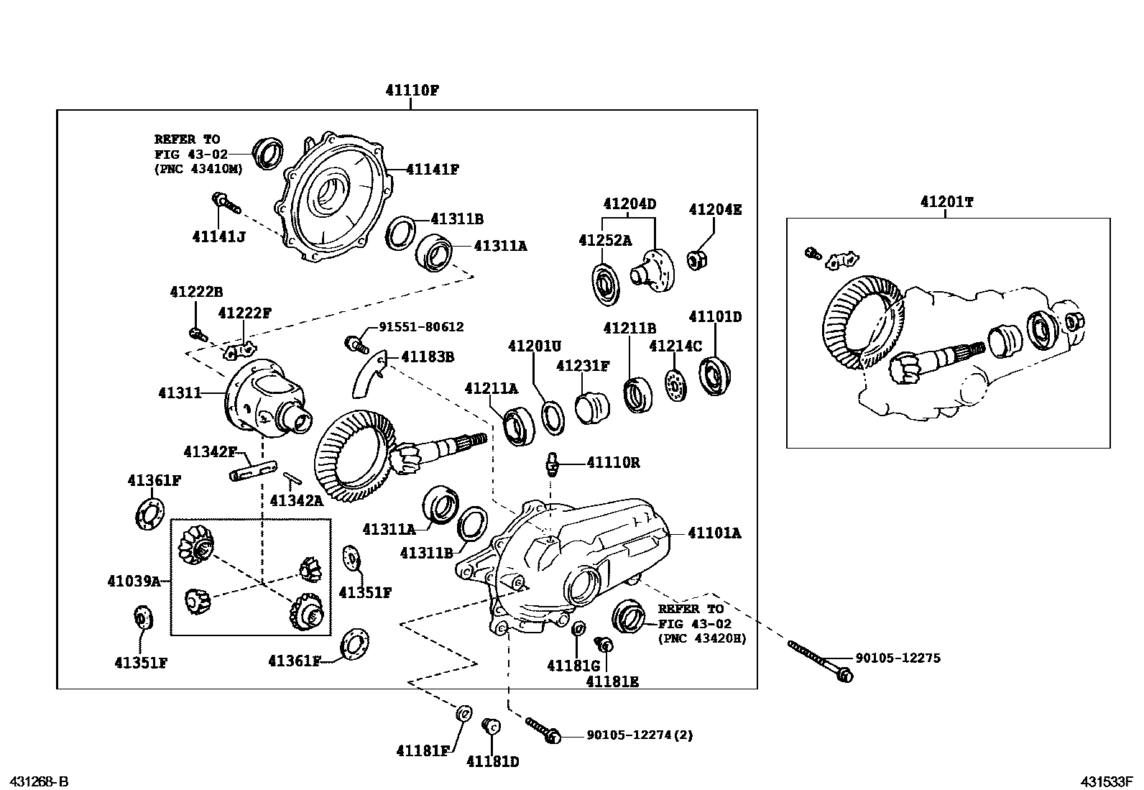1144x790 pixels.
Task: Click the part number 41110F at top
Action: click(411, 91)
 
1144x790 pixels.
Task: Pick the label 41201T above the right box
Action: click(946, 202)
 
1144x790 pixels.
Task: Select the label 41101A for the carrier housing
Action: click(714, 533)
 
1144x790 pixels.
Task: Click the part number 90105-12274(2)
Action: click(640, 735)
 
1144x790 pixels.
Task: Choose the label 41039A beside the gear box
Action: click(134, 581)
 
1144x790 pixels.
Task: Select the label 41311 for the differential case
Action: click(179, 393)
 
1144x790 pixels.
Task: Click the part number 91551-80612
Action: click(421, 326)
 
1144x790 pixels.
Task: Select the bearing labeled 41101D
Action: click(714, 375)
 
